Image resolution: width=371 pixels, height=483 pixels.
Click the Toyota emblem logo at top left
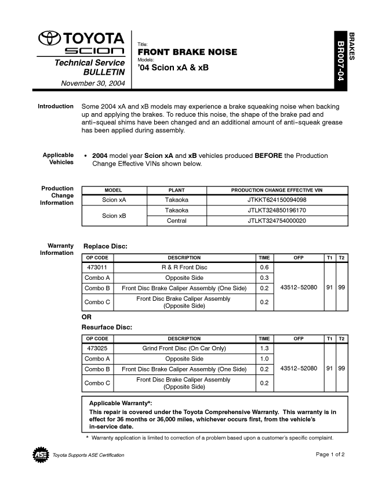tap(49, 39)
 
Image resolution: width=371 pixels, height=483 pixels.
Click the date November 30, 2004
tap(93, 83)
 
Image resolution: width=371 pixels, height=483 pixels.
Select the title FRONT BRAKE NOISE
tap(187, 52)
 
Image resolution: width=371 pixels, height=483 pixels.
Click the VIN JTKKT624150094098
tap(277, 200)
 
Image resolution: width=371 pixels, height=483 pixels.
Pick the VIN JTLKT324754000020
tap(277, 221)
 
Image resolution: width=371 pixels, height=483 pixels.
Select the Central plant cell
tap(176, 221)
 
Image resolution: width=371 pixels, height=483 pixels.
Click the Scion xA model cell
tap(114, 200)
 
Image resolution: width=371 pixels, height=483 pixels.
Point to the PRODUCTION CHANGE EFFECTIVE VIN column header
tap(277, 190)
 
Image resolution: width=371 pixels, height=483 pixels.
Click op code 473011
tap(97, 268)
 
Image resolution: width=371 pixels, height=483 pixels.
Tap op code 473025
tap(97, 348)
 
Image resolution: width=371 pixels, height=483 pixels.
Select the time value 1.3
tap(264, 348)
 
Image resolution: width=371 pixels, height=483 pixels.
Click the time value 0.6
tap(264, 268)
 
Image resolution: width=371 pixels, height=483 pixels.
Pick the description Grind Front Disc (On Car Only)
tap(184, 348)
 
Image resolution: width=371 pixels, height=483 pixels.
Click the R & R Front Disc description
tap(184, 268)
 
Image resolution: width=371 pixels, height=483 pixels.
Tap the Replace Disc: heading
tap(106, 246)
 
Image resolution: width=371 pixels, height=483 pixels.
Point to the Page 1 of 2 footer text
tap(330, 454)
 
